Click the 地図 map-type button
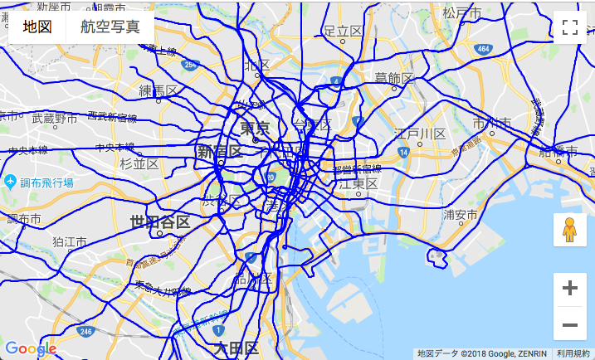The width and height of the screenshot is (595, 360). pyautogui.click(x=37, y=27)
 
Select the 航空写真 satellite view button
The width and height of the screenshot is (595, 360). pyautogui.click(x=110, y=27)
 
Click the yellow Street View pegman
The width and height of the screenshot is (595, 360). pyautogui.click(x=569, y=231)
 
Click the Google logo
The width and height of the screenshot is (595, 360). pyautogui.click(x=30, y=349)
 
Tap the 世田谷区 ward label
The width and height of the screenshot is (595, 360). pyautogui.click(x=160, y=222)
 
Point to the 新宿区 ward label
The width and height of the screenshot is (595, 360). pyautogui.click(x=219, y=152)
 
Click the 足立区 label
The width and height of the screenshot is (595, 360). pyautogui.click(x=344, y=31)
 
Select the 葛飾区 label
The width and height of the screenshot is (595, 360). pyautogui.click(x=394, y=78)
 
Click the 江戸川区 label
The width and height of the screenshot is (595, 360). pyautogui.click(x=421, y=134)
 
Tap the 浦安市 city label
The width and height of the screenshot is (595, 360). pyautogui.click(x=460, y=215)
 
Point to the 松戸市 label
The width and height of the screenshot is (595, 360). pyautogui.click(x=462, y=13)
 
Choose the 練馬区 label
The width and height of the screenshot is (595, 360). pyautogui.click(x=159, y=90)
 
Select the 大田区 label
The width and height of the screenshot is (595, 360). pyautogui.click(x=237, y=348)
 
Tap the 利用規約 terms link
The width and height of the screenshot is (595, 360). pyautogui.click(x=573, y=353)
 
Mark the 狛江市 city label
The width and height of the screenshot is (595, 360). pyautogui.click(x=70, y=241)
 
